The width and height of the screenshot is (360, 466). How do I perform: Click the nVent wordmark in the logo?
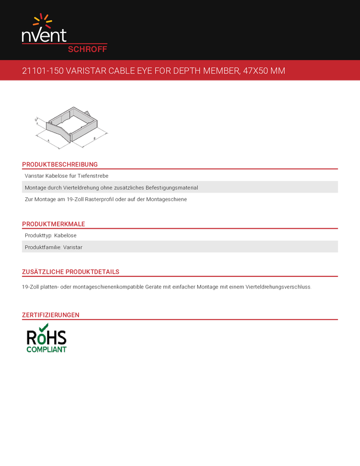(44, 35)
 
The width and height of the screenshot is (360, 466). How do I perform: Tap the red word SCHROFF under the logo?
(87, 49)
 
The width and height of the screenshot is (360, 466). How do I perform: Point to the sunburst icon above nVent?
(43, 21)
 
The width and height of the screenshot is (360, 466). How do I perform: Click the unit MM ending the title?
(278, 71)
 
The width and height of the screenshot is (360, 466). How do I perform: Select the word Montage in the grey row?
(36, 187)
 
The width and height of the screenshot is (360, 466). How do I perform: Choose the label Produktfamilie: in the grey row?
(43, 247)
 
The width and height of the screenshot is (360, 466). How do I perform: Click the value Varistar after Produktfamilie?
(73, 247)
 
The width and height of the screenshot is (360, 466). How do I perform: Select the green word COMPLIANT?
(46, 349)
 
